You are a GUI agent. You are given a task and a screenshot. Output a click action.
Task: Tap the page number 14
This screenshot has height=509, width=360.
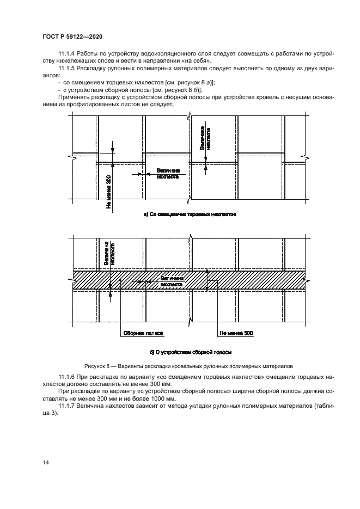(x=46, y=462)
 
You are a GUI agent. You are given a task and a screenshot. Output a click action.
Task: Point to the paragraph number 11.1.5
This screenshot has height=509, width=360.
(x=68, y=69)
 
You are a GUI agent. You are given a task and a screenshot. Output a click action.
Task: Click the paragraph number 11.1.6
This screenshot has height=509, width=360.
(x=68, y=377)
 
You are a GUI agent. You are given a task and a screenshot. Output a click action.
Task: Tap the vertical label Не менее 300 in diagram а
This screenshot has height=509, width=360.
(x=108, y=192)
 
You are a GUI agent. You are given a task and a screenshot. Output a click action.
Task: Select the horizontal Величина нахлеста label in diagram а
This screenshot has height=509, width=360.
(x=168, y=174)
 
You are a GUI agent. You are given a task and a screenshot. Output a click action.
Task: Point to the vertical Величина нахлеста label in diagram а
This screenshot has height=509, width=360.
(x=205, y=138)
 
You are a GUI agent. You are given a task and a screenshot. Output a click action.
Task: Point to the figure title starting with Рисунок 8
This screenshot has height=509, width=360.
(x=188, y=366)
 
